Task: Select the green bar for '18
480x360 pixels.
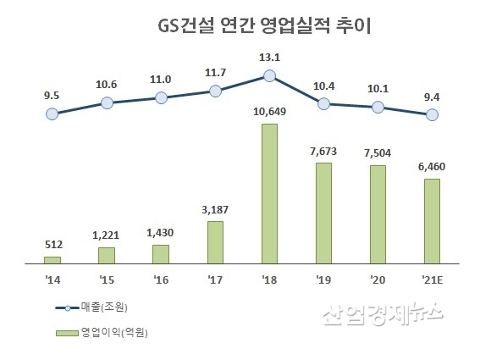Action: (x=269, y=193)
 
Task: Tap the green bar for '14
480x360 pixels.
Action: (x=52, y=259)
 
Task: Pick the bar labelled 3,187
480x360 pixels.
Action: (x=215, y=242)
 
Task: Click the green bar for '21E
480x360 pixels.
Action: (x=432, y=220)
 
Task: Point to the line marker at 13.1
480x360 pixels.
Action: (x=269, y=75)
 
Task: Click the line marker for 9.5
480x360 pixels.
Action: (x=52, y=113)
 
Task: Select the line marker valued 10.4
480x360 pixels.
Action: (x=323, y=103)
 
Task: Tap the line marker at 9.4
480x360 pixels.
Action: (x=432, y=114)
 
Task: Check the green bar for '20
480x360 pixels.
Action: (x=378, y=213)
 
